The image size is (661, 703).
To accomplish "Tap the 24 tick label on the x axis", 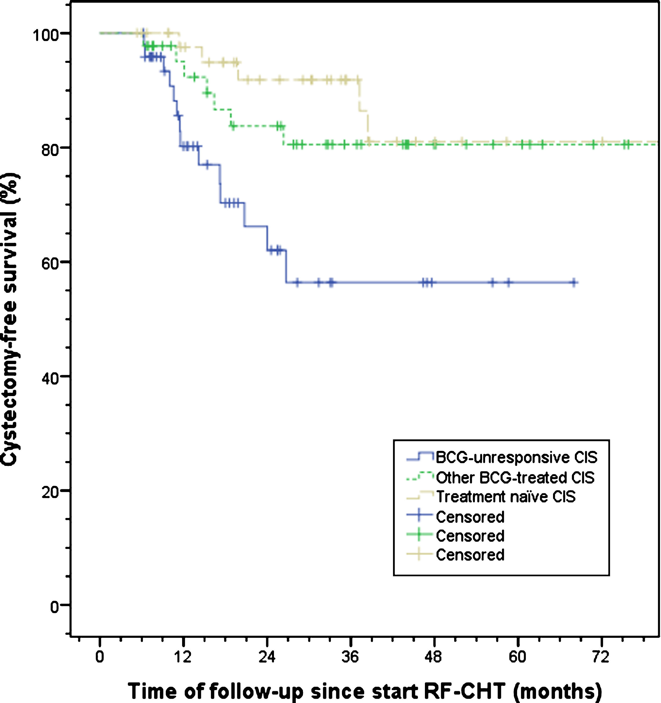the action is click(x=267, y=657).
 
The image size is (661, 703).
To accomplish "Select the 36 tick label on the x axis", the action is click(x=350, y=657).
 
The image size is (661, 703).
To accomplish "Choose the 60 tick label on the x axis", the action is click(x=517, y=657).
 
